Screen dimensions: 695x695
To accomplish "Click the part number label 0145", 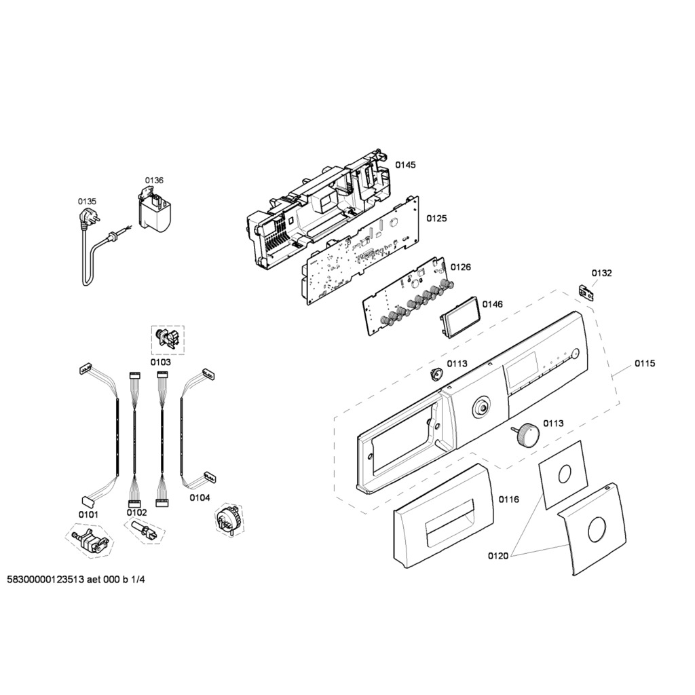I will (x=406, y=165).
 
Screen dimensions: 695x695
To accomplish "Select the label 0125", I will (x=436, y=219).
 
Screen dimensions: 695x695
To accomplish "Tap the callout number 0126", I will (x=461, y=267).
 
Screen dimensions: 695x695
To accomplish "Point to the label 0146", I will (x=493, y=304).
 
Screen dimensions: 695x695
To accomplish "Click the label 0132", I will (x=601, y=274).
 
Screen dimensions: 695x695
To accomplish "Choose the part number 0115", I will (x=645, y=364).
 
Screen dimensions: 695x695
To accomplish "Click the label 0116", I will (x=509, y=500).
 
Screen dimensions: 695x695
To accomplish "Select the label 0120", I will (x=497, y=556).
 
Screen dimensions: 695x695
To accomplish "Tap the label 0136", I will (x=154, y=180).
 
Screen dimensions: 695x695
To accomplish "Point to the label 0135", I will (x=87, y=201).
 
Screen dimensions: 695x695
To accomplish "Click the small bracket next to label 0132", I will (x=585, y=291).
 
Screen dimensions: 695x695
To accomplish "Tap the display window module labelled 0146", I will (x=459, y=318).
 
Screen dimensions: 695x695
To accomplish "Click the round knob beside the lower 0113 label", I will (x=526, y=433).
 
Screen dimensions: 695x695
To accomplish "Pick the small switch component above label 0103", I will (x=167, y=339).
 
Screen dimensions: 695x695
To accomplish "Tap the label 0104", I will (x=200, y=497).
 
